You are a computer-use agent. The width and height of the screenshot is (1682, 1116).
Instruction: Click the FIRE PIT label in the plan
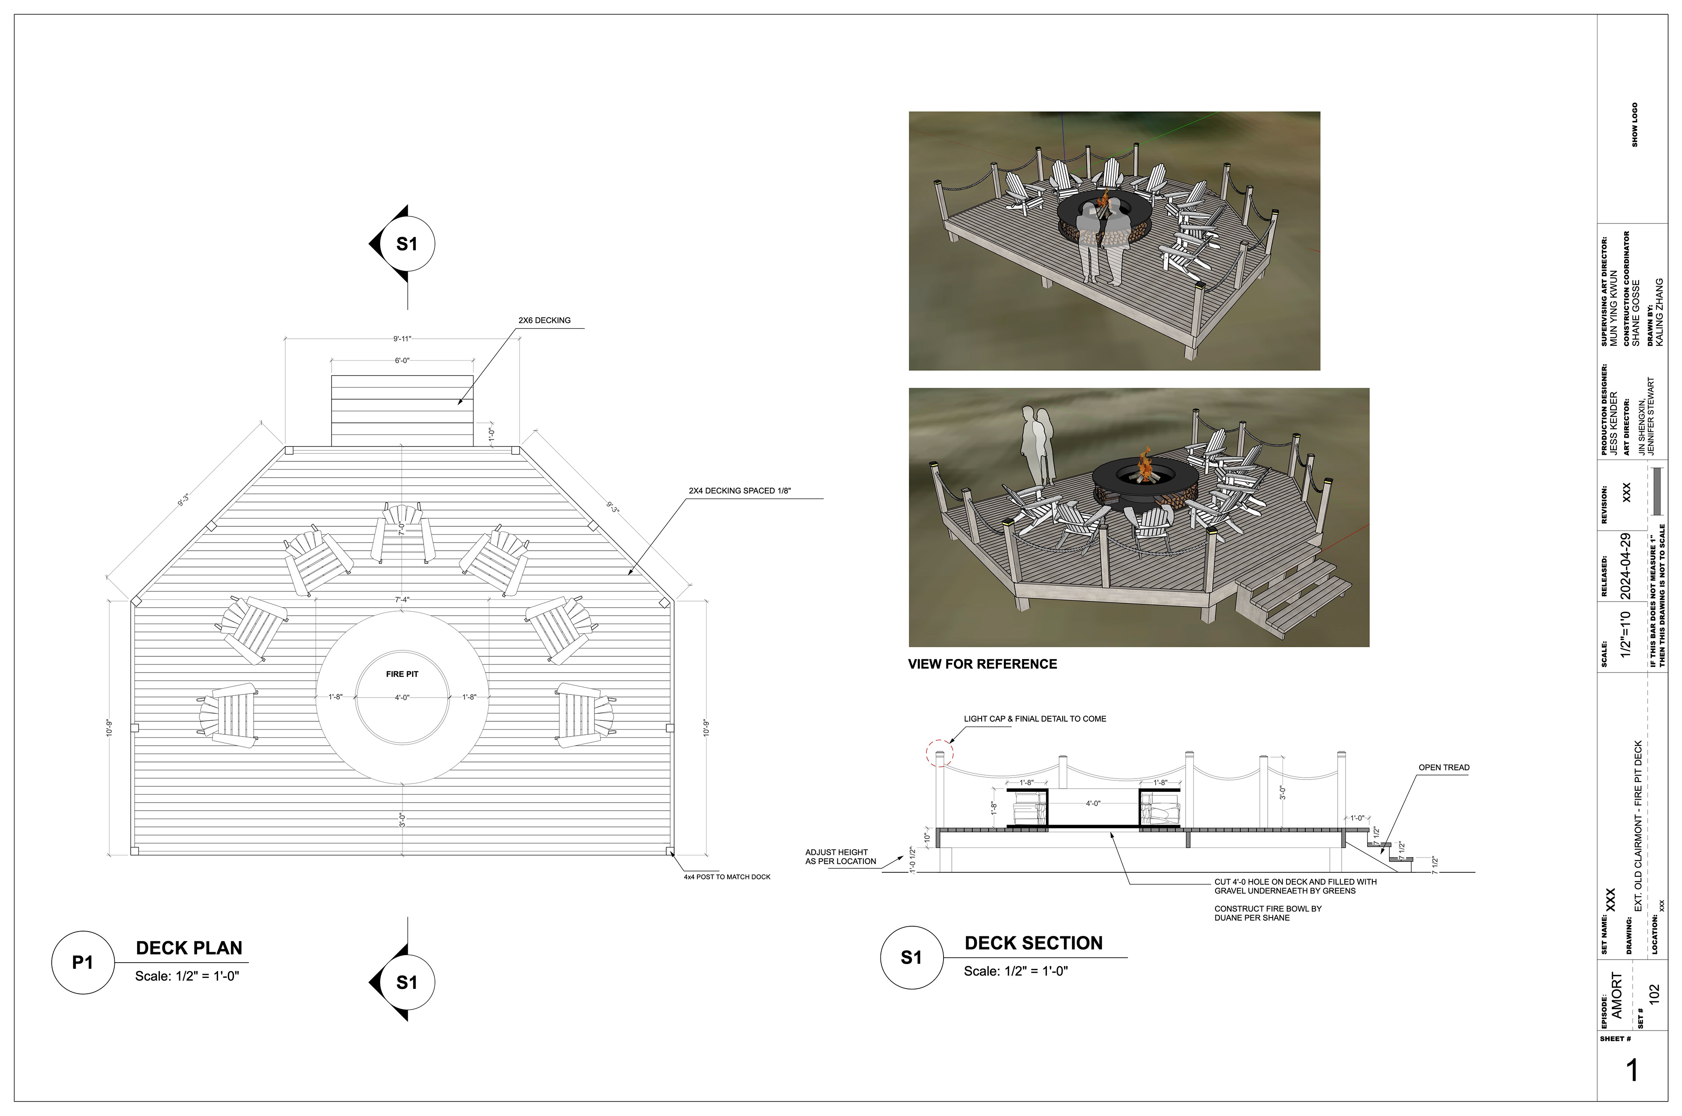[402, 674]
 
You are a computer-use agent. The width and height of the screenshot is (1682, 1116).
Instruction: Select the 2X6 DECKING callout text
[544, 320]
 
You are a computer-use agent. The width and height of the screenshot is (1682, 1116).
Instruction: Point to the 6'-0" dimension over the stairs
[402, 361]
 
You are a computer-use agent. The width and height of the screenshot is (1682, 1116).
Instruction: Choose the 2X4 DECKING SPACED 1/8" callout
[739, 491]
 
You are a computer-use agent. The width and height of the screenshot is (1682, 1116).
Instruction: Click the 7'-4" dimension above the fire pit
[402, 600]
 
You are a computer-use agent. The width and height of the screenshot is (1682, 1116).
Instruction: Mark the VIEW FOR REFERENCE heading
[982, 664]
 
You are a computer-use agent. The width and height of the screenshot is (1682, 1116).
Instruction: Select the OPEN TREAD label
[1444, 767]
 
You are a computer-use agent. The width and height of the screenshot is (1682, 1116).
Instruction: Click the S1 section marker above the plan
[406, 244]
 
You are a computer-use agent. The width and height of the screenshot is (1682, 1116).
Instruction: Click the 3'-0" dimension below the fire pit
[403, 820]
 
